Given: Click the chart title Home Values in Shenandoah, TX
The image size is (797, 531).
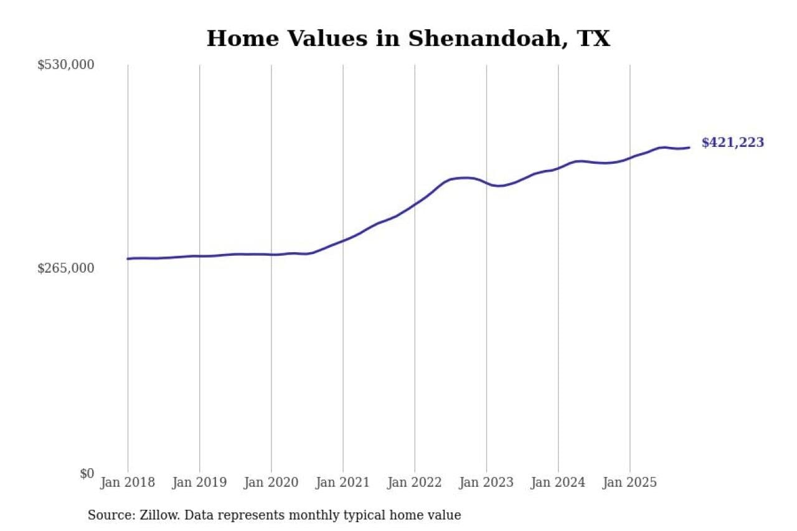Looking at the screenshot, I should click(x=408, y=39).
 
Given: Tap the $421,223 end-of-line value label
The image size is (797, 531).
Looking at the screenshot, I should click(x=732, y=143).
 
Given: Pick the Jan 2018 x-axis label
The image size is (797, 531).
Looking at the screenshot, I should click(x=128, y=482).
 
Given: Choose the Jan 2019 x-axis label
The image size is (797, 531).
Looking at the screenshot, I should click(x=199, y=482).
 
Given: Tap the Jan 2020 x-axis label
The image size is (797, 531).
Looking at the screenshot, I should click(x=271, y=482).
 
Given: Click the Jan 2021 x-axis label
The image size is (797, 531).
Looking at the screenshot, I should click(x=342, y=482).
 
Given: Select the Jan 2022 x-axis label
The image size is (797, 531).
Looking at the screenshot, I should click(x=414, y=482).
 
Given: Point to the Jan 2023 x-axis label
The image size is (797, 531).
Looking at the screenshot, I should click(x=486, y=482).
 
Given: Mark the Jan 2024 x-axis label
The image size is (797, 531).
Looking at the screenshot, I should click(x=558, y=482).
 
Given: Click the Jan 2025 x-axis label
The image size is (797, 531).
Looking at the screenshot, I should click(x=630, y=482).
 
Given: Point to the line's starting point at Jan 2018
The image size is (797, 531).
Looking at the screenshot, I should click(x=128, y=258).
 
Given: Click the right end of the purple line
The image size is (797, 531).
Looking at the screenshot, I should click(x=689, y=148).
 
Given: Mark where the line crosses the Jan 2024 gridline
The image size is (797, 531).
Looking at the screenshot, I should click(x=558, y=167).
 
